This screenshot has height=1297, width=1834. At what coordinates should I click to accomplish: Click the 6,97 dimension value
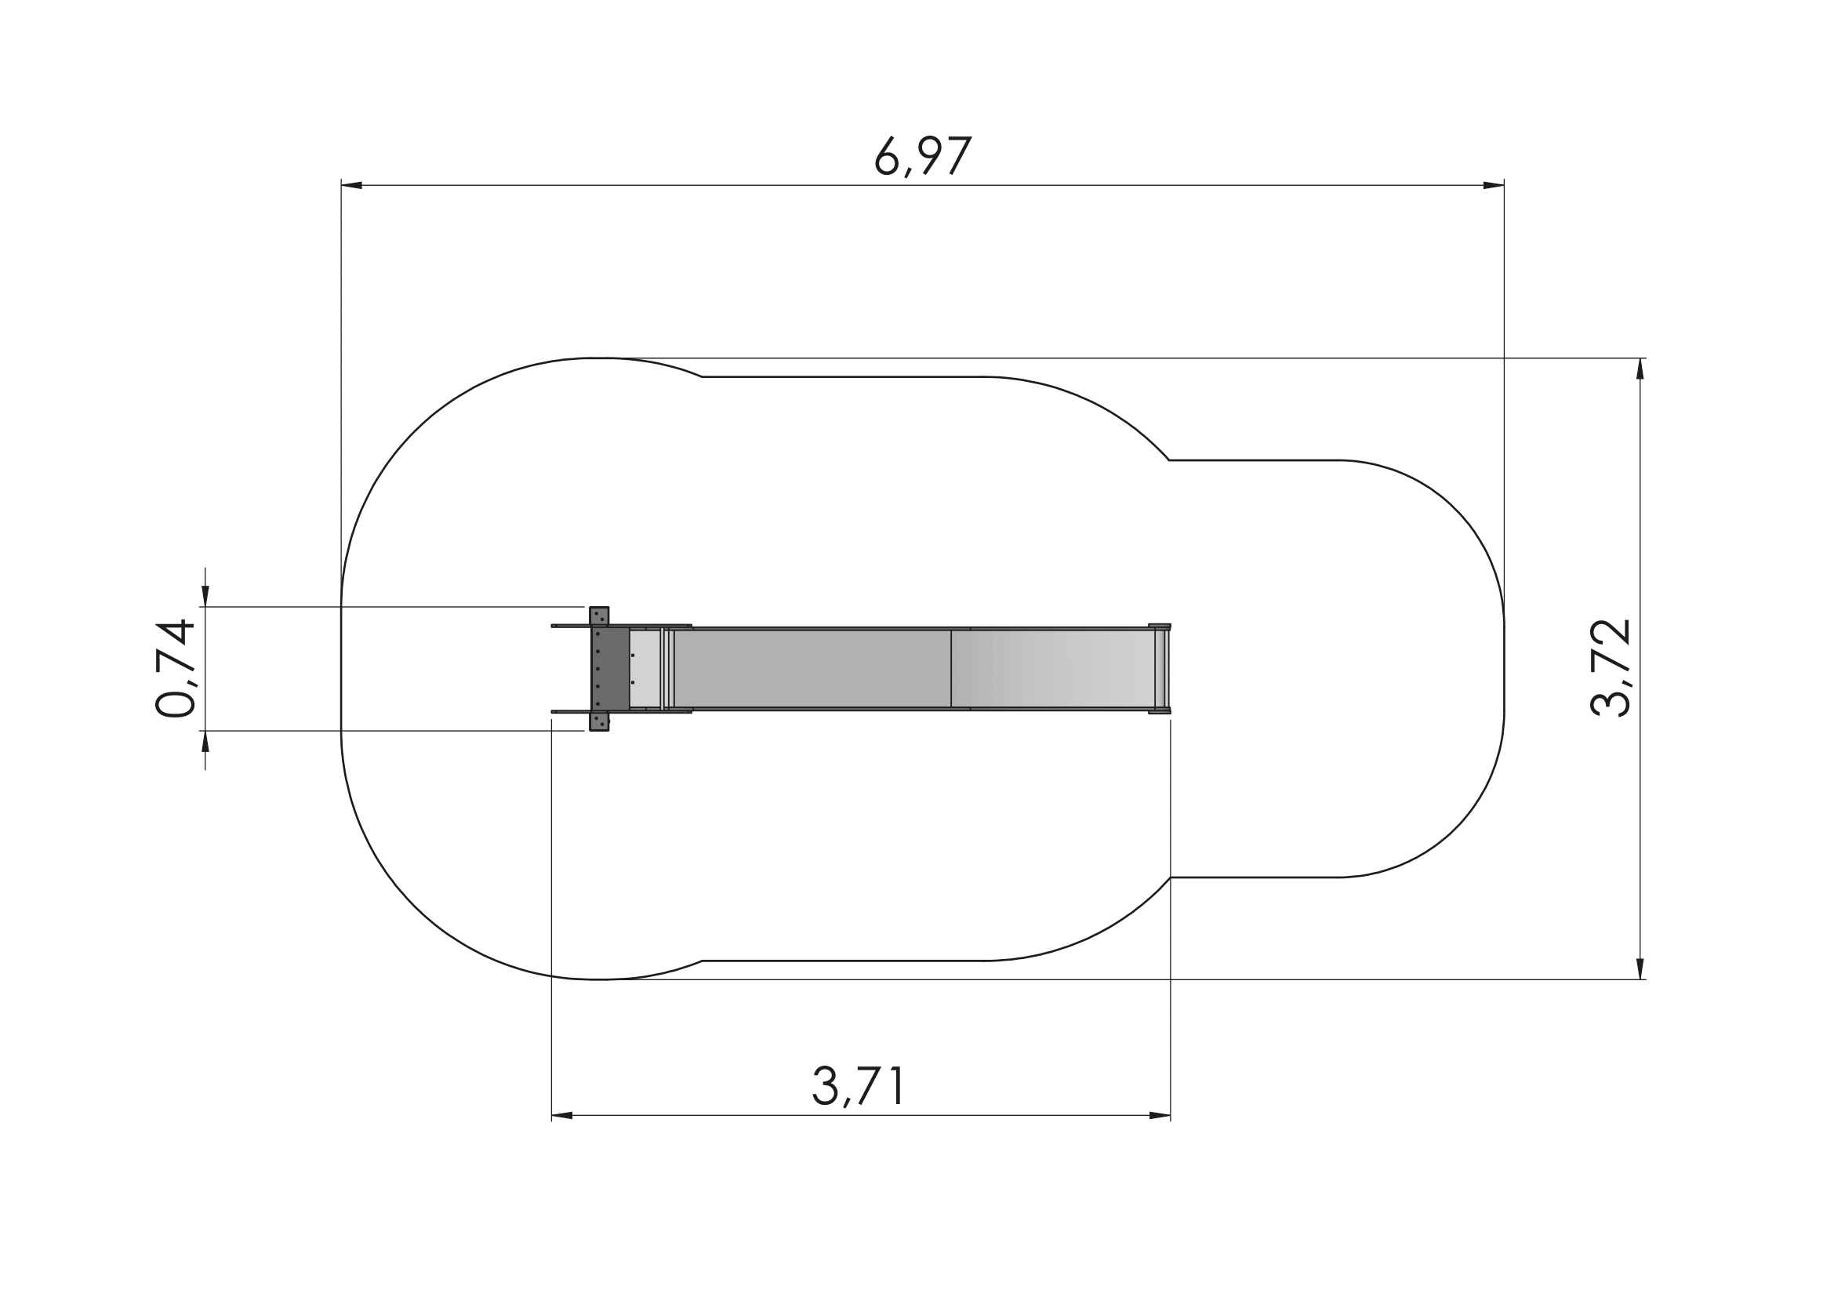coord(924,156)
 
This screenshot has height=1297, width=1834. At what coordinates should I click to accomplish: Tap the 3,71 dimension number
coord(858,1086)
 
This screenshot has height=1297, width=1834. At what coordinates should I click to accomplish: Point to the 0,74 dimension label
coord(175,668)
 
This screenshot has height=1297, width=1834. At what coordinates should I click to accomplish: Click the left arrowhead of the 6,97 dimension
coord(351,185)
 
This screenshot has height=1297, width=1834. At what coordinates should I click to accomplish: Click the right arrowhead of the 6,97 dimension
coord(1494,185)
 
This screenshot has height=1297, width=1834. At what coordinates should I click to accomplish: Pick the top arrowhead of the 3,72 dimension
coord(1640,369)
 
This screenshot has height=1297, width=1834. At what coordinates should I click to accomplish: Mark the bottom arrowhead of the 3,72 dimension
coord(1640,968)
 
